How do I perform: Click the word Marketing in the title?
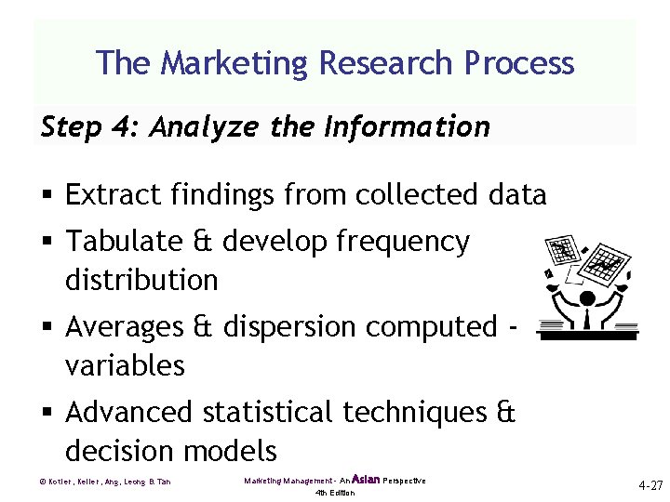[236, 63]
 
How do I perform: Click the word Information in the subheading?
[406, 126]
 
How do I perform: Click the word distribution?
[141, 279]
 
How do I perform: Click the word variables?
[125, 365]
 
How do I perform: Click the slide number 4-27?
[650, 485]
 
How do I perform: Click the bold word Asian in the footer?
[366, 479]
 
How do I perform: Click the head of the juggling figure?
[586, 299]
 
